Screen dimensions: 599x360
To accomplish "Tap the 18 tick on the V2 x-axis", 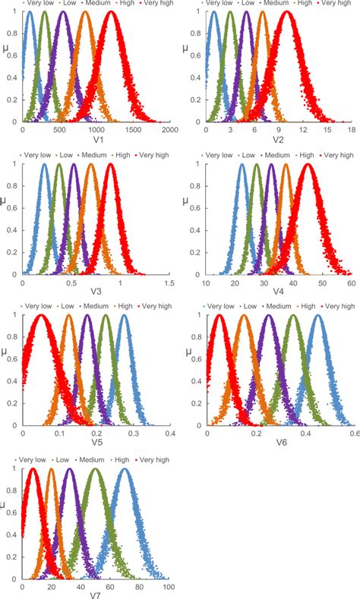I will pyautogui.click(x=352, y=130).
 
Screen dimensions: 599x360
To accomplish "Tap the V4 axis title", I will pyautogui.click(x=279, y=292).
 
